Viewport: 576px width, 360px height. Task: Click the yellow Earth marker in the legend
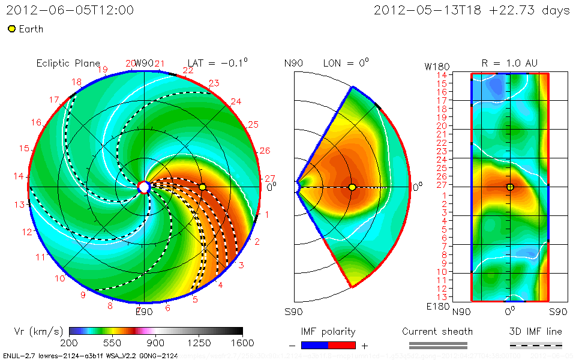tap(11, 29)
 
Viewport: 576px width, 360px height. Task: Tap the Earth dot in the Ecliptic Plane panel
tap(203, 187)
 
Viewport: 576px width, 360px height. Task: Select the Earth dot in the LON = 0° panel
tap(352, 187)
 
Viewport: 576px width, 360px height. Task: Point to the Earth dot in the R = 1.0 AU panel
tap(510, 187)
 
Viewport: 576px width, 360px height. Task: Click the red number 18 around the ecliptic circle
tap(77, 82)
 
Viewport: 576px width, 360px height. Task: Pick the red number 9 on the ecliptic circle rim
tap(83, 295)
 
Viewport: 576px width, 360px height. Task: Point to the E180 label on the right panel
tap(437, 307)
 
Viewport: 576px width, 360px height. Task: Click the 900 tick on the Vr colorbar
tap(156, 343)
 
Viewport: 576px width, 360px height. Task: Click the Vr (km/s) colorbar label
tap(38, 331)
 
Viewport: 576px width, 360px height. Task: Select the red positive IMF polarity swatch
tap(342, 345)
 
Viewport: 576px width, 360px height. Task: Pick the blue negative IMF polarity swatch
tap(314, 345)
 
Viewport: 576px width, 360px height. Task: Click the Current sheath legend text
tap(437, 331)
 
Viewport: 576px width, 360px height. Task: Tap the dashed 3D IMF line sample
tap(536, 345)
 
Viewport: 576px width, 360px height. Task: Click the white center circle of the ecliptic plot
tap(144, 187)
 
